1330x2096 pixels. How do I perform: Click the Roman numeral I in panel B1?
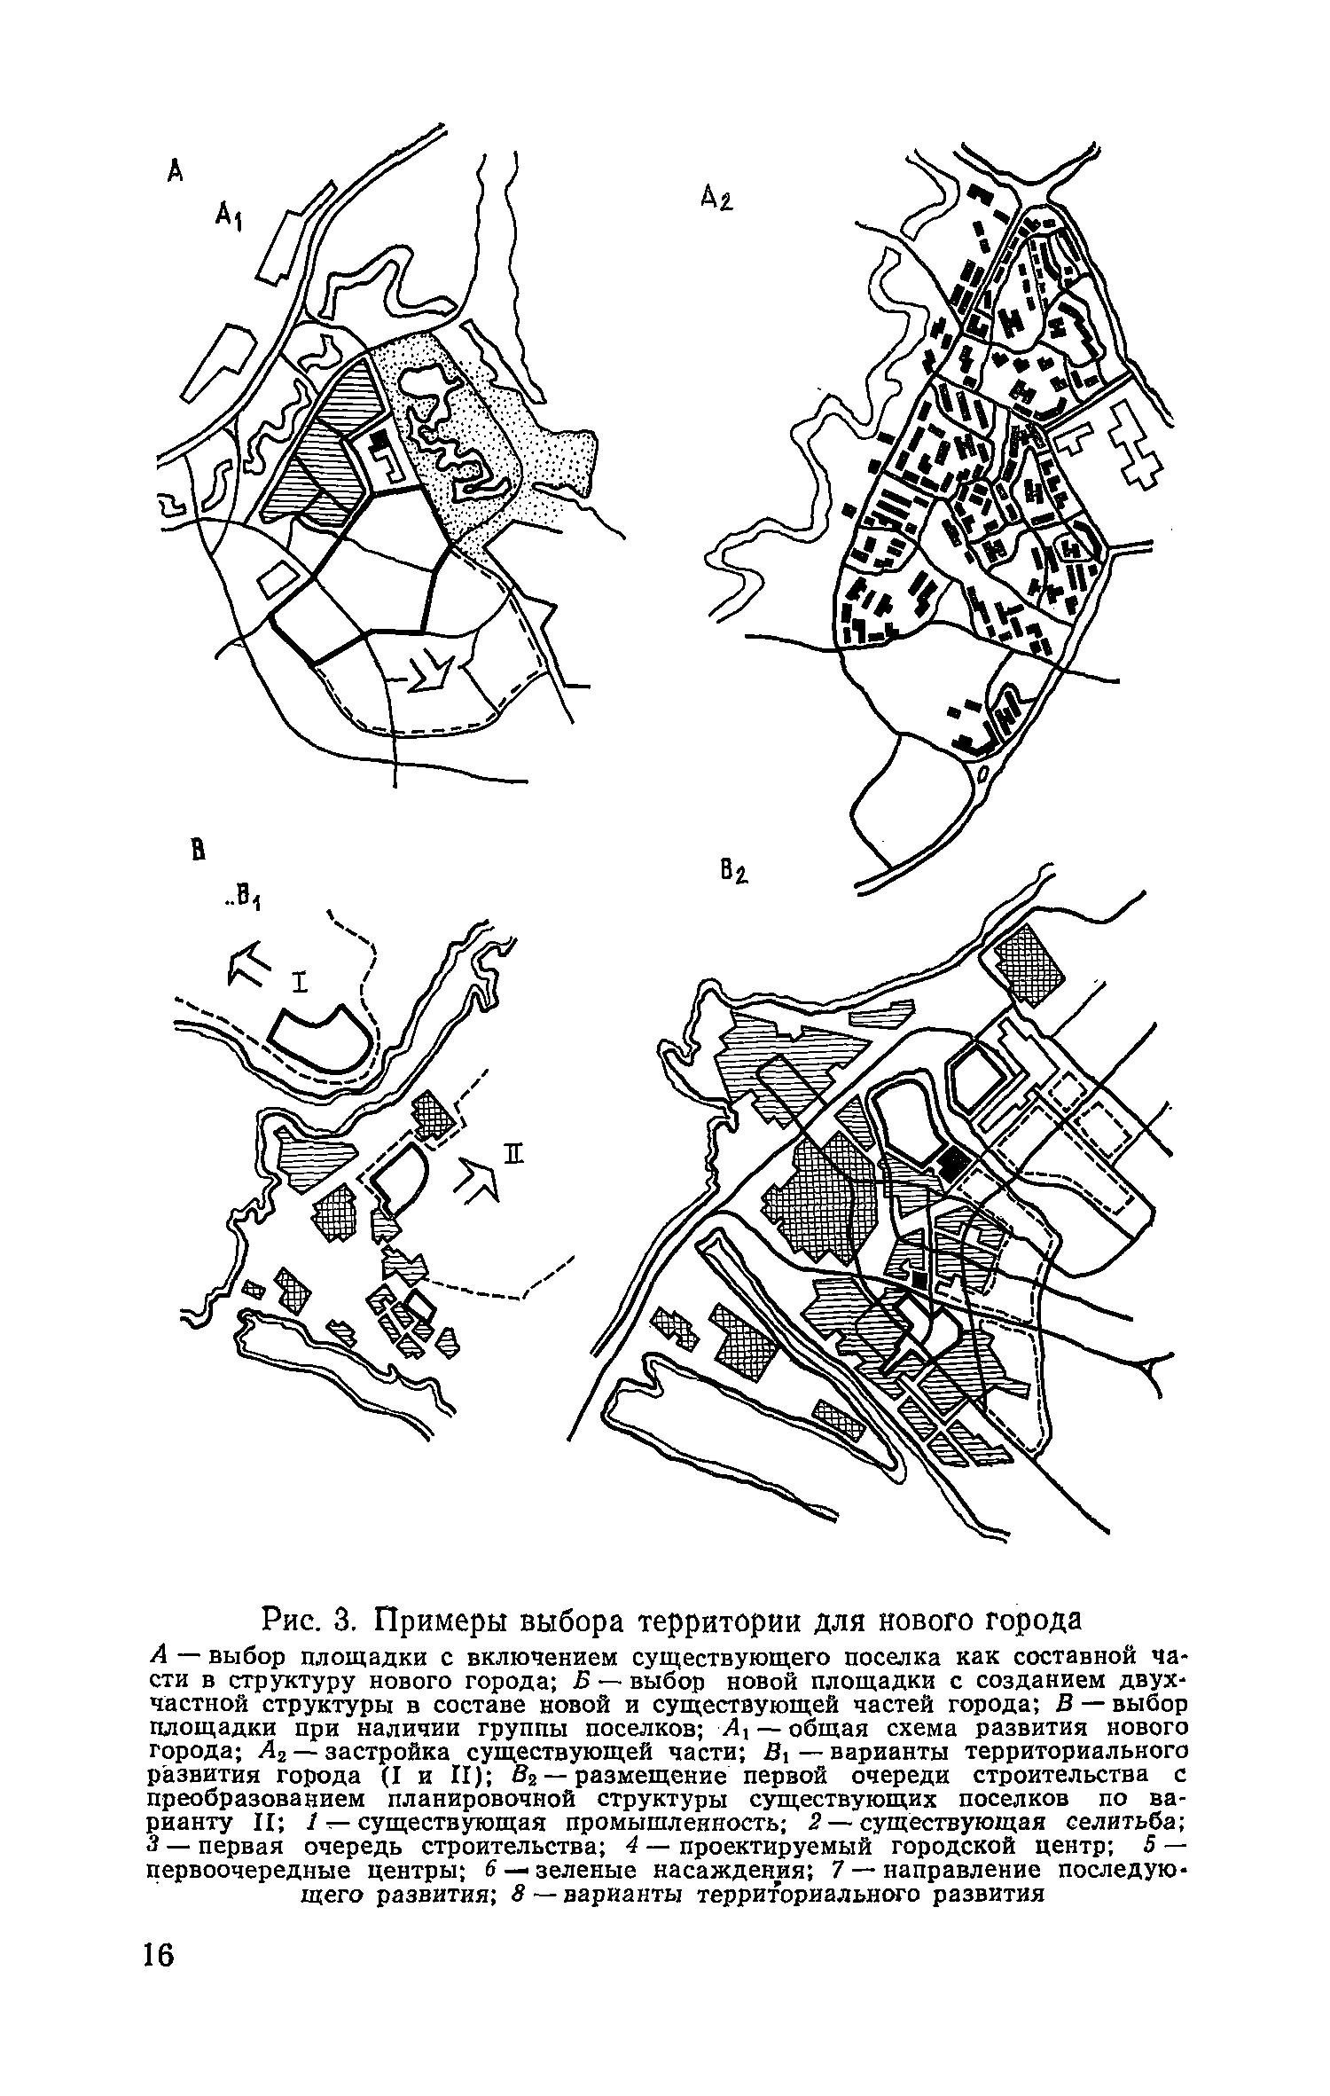300,982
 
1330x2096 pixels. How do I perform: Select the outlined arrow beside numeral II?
477,1180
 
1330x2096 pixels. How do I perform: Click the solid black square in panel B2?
954,1159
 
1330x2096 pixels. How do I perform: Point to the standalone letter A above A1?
175,171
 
